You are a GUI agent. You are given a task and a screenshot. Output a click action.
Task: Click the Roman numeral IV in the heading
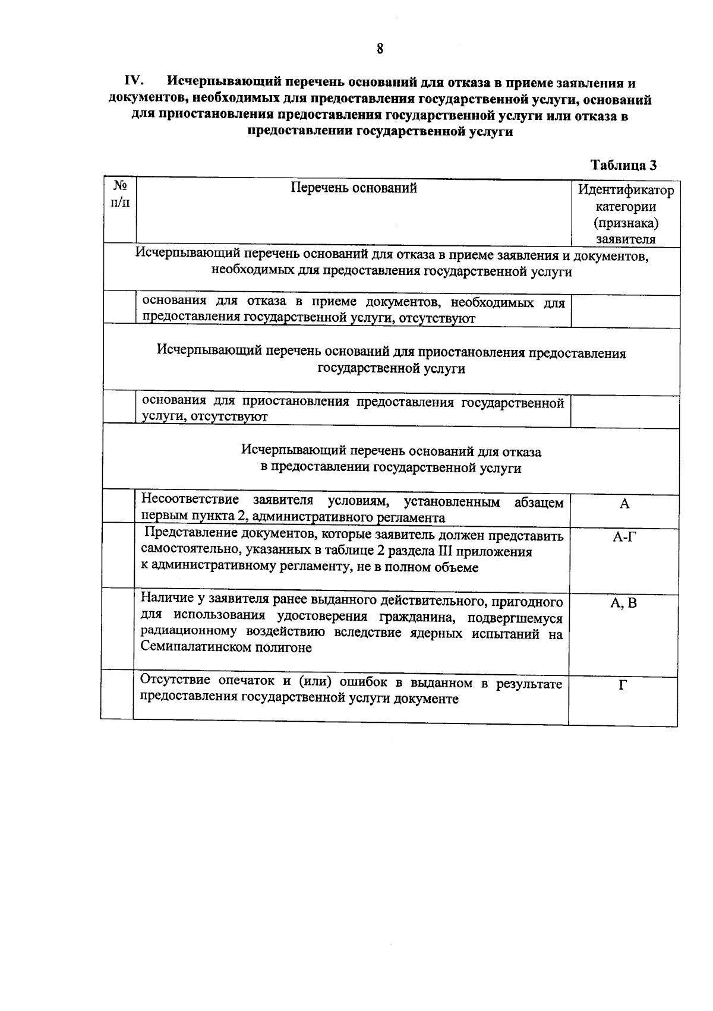point(134,81)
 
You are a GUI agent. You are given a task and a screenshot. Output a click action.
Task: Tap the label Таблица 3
point(624,165)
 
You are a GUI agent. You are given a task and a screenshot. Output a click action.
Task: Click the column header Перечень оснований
point(354,188)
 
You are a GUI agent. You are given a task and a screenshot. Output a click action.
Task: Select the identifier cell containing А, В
point(624,604)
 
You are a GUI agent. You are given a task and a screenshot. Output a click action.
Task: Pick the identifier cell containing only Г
point(623,685)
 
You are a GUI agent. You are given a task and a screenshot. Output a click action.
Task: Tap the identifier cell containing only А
point(624,504)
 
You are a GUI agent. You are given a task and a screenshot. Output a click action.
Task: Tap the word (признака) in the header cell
point(626,223)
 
